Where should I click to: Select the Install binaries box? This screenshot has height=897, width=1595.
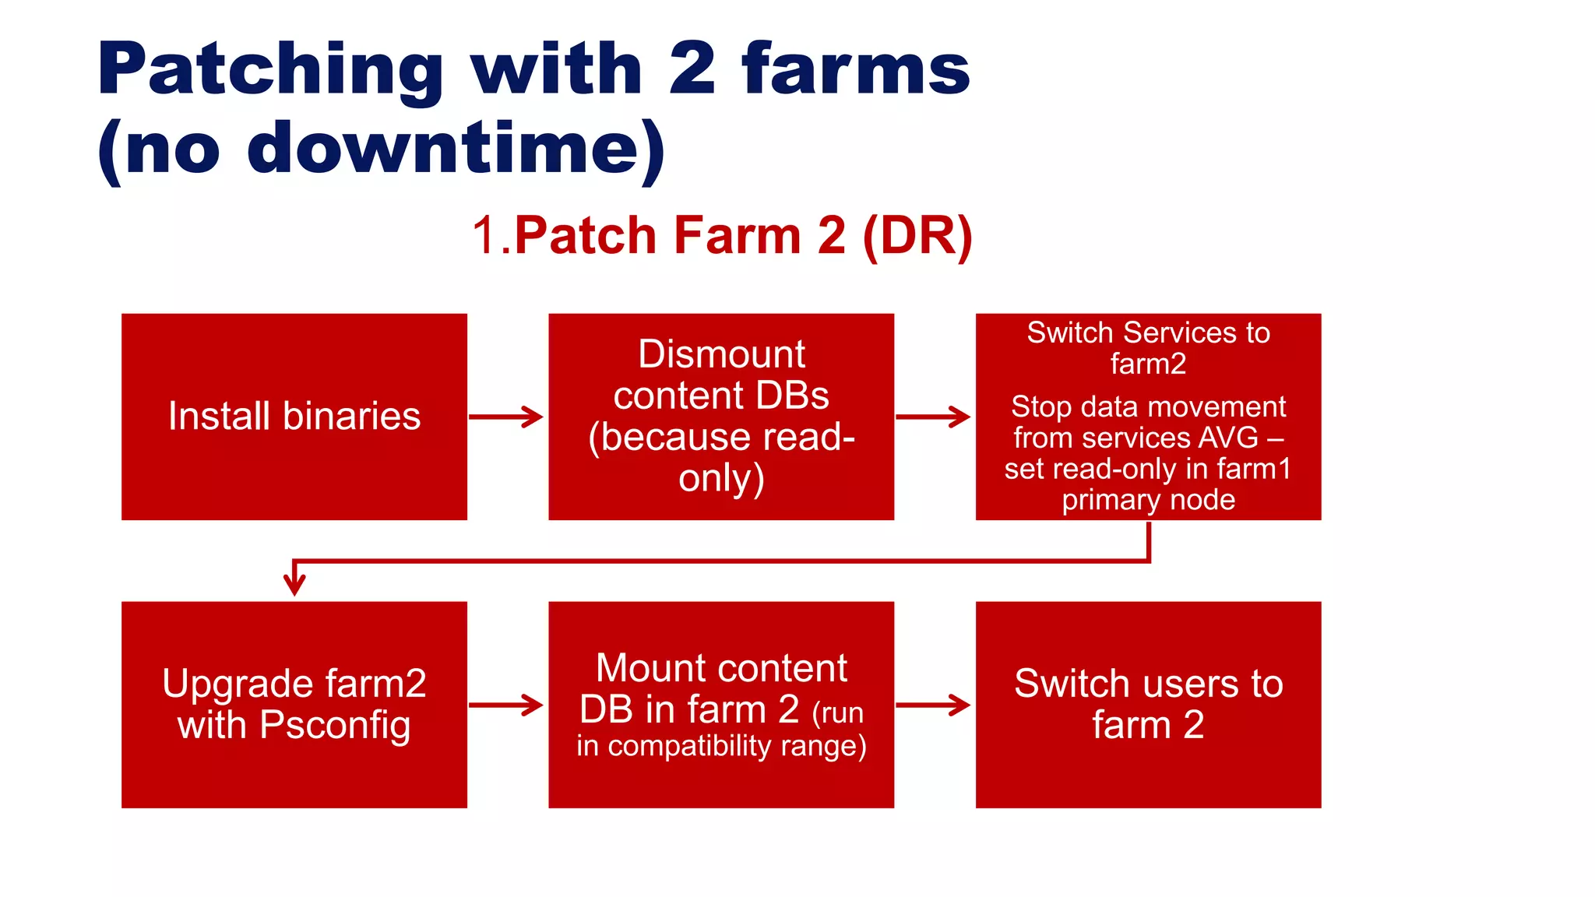(x=294, y=417)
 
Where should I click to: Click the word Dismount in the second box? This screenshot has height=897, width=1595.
(x=721, y=354)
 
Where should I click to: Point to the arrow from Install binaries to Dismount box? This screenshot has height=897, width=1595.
(x=506, y=417)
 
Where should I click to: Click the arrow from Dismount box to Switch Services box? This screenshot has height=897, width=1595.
(x=933, y=417)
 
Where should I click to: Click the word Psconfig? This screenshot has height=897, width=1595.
(x=335, y=725)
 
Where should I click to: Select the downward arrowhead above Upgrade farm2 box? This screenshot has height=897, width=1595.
(x=294, y=582)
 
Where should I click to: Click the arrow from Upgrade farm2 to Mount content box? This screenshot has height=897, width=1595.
(x=506, y=705)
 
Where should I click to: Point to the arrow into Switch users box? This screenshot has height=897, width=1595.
(x=933, y=705)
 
